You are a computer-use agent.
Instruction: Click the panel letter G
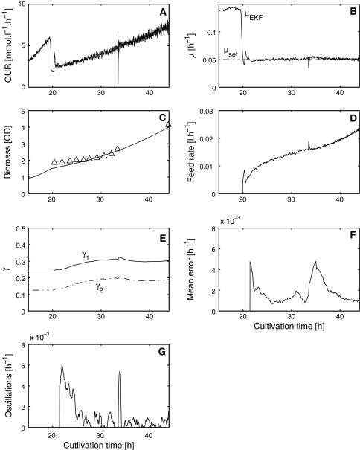pos(163,344)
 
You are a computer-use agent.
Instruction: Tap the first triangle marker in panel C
pos(54,161)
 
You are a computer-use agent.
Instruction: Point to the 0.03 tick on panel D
pos(210,112)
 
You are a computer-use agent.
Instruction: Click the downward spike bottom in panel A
pos(118,83)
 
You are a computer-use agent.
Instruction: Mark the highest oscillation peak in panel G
pos(62,364)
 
